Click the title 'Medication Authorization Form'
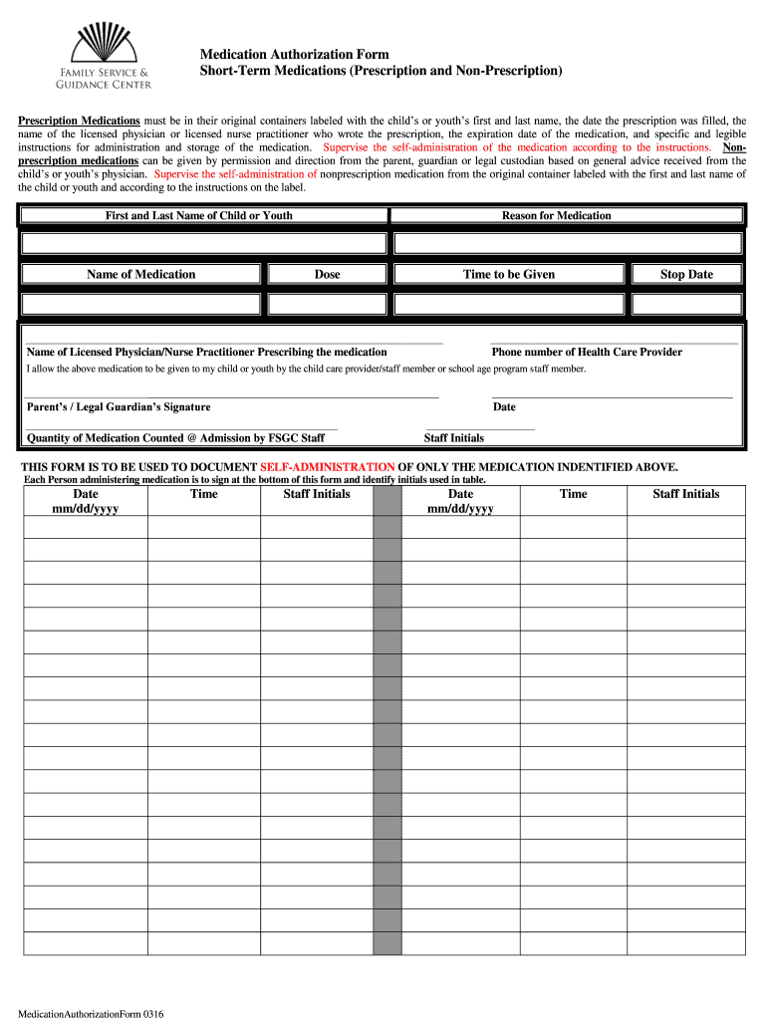click(x=294, y=55)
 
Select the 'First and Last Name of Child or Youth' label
click(x=199, y=215)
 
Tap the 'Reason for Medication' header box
click(x=556, y=215)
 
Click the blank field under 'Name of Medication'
click(x=140, y=304)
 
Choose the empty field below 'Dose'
click(x=327, y=304)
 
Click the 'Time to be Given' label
click(x=509, y=274)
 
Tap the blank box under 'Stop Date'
click(x=686, y=304)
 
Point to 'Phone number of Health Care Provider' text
click(x=587, y=352)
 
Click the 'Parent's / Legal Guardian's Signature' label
click(x=119, y=406)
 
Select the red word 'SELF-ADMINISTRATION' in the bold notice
click(x=328, y=467)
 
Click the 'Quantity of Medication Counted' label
click(x=175, y=437)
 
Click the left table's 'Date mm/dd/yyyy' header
click(x=86, y=501)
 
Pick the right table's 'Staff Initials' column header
click(x=685, y=494)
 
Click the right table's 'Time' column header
click(x=573, y=494)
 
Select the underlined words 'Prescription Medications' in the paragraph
click(x=80, y=121)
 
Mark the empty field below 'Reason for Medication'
click(x=567, y=244)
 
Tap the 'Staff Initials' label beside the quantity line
click(x=454, y=437)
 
